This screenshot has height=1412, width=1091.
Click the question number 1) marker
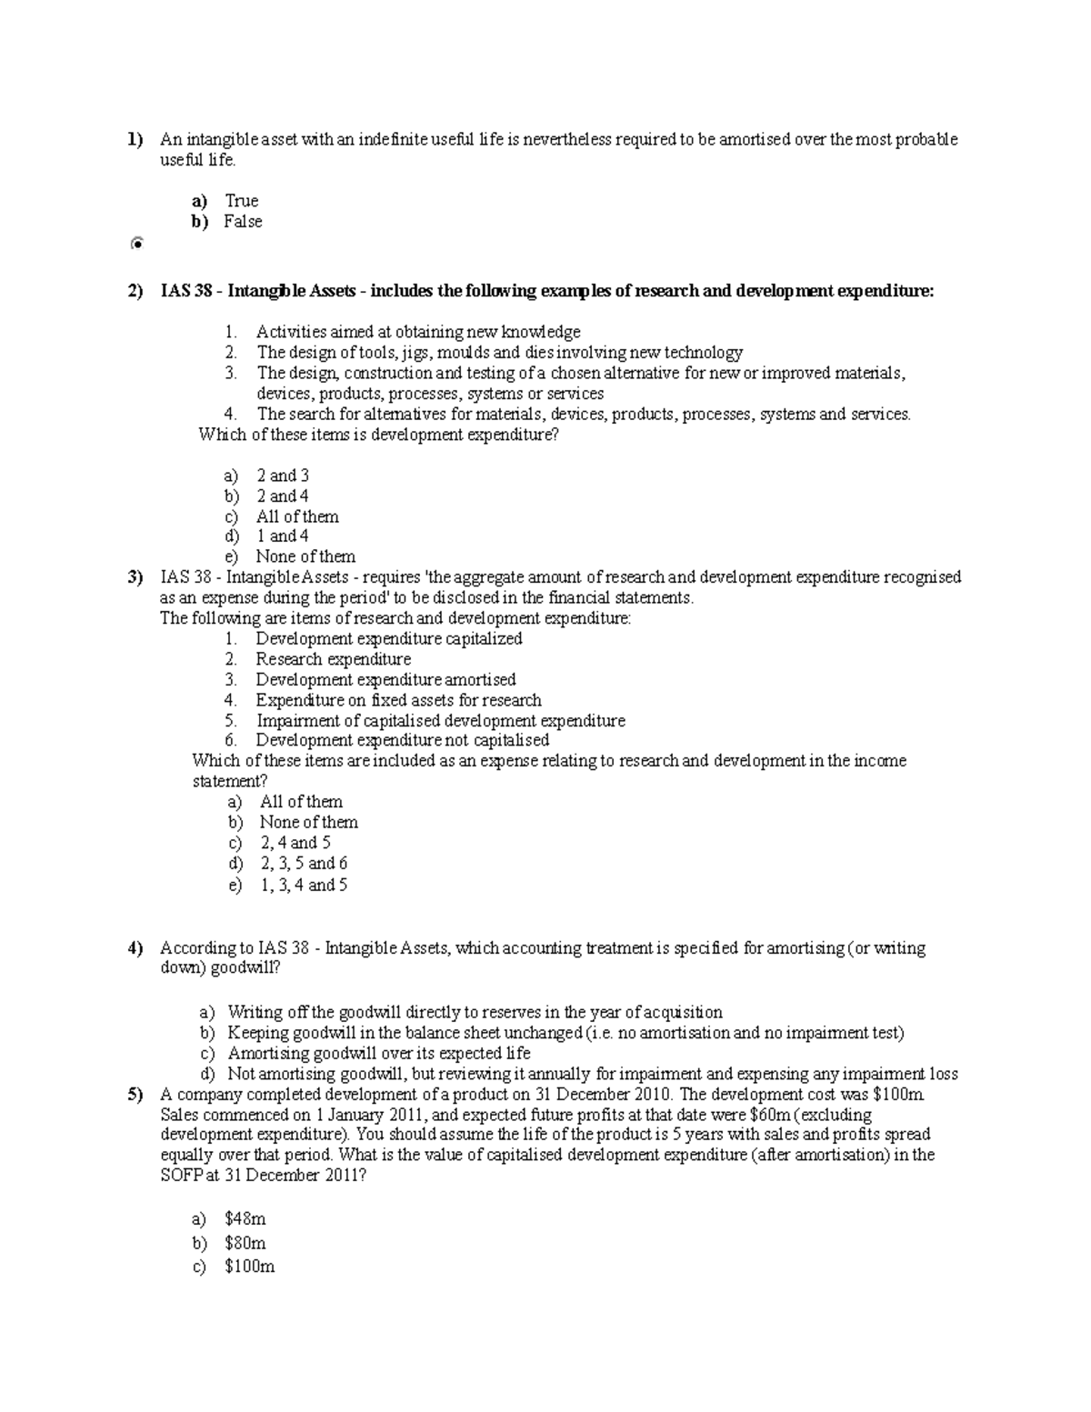tap(135, 140)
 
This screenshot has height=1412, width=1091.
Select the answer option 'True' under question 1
tap(241, 201)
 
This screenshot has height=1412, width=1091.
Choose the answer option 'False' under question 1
tap(243, 222)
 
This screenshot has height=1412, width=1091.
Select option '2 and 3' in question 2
tap(282, 476)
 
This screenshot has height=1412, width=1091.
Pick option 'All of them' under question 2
tap(297, 516)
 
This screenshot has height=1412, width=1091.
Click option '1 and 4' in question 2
tap(282, 536)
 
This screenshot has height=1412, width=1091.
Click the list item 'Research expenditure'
tap(333, 659)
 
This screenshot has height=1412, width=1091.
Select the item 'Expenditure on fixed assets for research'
tap(398, 700)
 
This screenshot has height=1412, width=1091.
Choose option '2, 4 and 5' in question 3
tap(295, 843)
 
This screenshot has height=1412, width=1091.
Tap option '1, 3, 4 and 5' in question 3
tap(304, 885)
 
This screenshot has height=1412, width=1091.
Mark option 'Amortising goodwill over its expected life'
tap(378, 1053)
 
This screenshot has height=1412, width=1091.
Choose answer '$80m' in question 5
tap(245, 1243)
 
